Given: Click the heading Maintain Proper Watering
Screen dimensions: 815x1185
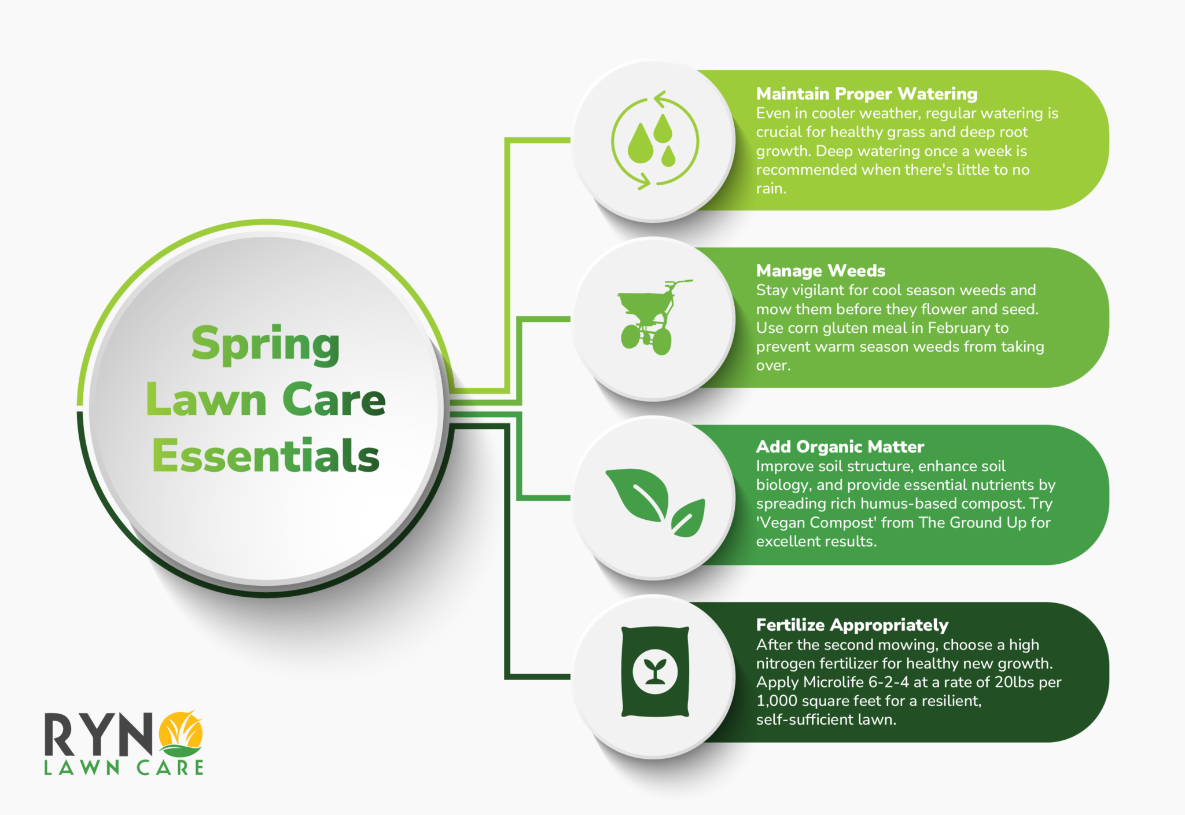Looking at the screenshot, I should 866,94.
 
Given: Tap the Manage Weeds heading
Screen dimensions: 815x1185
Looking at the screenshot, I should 820,271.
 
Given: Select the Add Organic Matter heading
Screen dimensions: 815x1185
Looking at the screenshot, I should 840,447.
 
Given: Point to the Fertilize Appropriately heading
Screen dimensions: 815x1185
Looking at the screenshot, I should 852,625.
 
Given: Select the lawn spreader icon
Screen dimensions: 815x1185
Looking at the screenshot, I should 651,317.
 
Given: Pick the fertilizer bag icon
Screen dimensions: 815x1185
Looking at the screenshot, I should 655,671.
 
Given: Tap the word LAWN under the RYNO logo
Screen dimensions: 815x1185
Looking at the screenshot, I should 82,768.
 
